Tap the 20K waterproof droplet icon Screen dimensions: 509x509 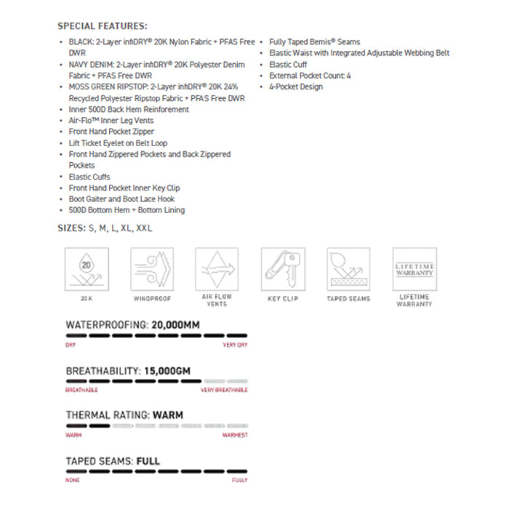click(x=87, y=269)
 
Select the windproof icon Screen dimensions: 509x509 click(x=152, y=269)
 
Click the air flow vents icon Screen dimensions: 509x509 click(x=217, y=269)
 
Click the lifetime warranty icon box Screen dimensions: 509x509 click(x=414, y=269)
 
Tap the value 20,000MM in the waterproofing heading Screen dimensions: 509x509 click(x=175, y=325)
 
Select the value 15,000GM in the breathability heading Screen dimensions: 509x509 click(x=167, y=371)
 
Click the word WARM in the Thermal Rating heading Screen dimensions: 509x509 click(x=167, y=415)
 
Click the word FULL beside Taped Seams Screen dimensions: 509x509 click(x=148, y=461)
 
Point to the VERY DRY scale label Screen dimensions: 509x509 click(x=235, y=345)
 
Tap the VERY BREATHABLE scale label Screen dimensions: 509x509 click(x=224, y=390)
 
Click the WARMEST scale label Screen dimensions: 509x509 click(x=235, y=435)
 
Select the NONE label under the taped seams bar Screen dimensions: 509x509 click(x=72, y=480)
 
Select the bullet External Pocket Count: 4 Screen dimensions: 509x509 click(x=310, y=76)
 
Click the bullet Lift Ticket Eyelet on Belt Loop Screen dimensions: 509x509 click(x=118, y=143)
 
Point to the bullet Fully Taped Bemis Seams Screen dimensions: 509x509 click(x=314, y=42)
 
